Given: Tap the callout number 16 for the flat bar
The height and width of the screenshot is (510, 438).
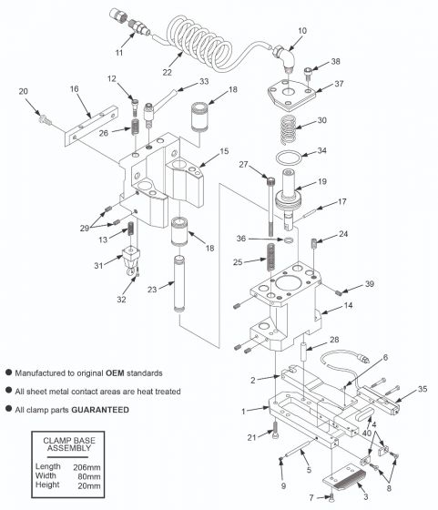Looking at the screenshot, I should [x=75, y=89].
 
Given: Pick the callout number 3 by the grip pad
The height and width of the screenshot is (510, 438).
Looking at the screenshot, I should [x=365, y=499].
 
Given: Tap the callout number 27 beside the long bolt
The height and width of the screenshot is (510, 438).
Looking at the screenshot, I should [x=243, y=165].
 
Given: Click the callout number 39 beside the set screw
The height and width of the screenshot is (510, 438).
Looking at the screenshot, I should [x=369, y=284].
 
